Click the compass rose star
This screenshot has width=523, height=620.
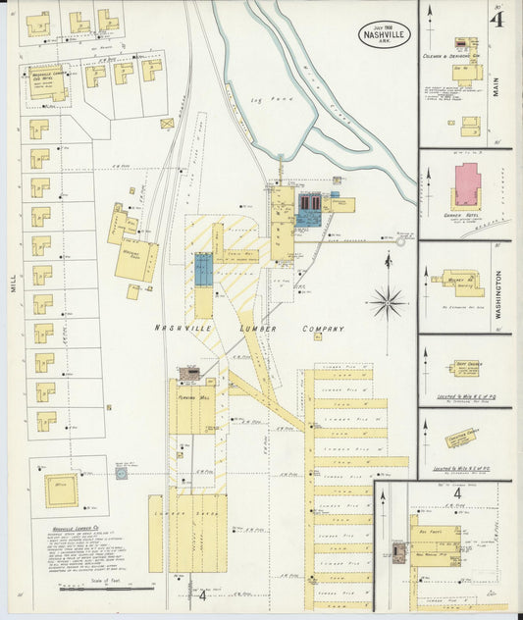click(x=389, y=302)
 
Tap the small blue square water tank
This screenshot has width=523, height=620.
click(x=122, y=473)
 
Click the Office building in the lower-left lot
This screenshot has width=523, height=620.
click(x=61, y=487)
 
